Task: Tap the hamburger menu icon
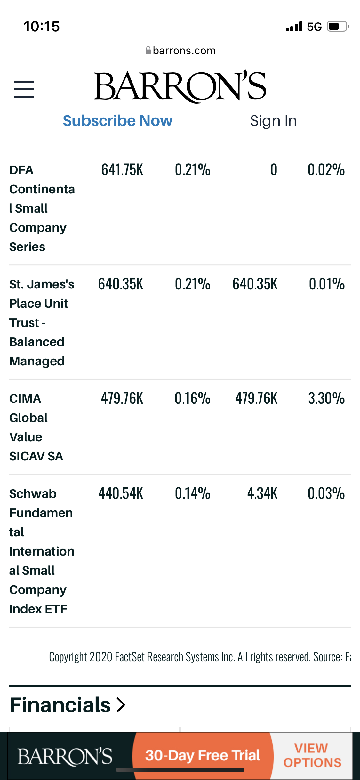(x=24, y=89)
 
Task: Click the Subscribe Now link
(x=117, y=121)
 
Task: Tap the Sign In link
(x=273, y=121)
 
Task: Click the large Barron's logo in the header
(x=180, y=86)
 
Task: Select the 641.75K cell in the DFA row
(x=122, y=170)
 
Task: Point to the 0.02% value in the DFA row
(x=326, y=170)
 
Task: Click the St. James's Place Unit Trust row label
(x=42, y=322)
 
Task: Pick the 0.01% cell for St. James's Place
(x=326, y=284)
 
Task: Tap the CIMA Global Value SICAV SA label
(x=36, y=427)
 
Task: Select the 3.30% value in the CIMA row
(x=326, y=398)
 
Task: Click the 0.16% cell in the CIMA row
(x=192, y=398)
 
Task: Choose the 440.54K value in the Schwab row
(x=121, y=493)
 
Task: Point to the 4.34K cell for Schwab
(x=262, y=493)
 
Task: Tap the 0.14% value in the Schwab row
(x=192, y=493)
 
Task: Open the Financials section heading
(x=67, y=705)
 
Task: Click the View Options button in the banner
(x=312, y=755)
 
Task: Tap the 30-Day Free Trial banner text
(x=202, y=755)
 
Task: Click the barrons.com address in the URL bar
(x=184, y=51)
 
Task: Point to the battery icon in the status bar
(x=337, y=26)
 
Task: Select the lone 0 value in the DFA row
(x=273, y=170)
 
